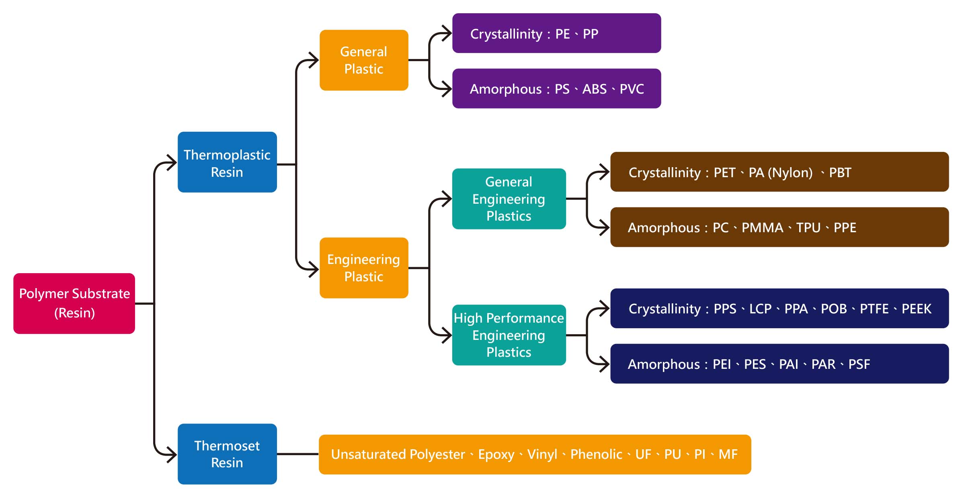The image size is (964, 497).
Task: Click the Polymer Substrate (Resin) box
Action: point(74,303)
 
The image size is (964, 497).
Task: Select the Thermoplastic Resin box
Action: point(227,162)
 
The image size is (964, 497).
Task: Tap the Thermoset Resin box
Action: point(227,454)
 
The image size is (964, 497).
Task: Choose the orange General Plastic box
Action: point(364,60)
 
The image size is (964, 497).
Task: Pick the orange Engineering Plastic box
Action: point(364,268)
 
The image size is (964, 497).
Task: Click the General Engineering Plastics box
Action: point(509,199)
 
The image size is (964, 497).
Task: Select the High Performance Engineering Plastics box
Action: point(509,335)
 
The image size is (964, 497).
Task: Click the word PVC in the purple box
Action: point(632,89)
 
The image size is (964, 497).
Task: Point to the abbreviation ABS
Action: point(595,89)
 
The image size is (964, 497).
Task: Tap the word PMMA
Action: point(762,228)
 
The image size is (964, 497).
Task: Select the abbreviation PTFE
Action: point(874,309)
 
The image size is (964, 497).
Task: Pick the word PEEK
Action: point(916,309)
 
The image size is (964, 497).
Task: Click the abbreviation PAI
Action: point(788,364)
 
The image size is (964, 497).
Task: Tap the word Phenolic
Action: point(596,454)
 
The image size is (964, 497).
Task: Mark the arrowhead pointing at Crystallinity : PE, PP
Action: point(447,33)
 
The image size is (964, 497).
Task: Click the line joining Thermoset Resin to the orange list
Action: point(298,454)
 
